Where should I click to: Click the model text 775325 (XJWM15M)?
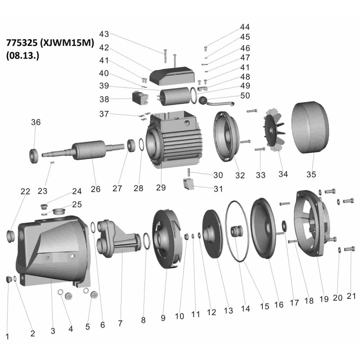click(x=50, y=44)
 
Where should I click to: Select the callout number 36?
click(x=36, y=122)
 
